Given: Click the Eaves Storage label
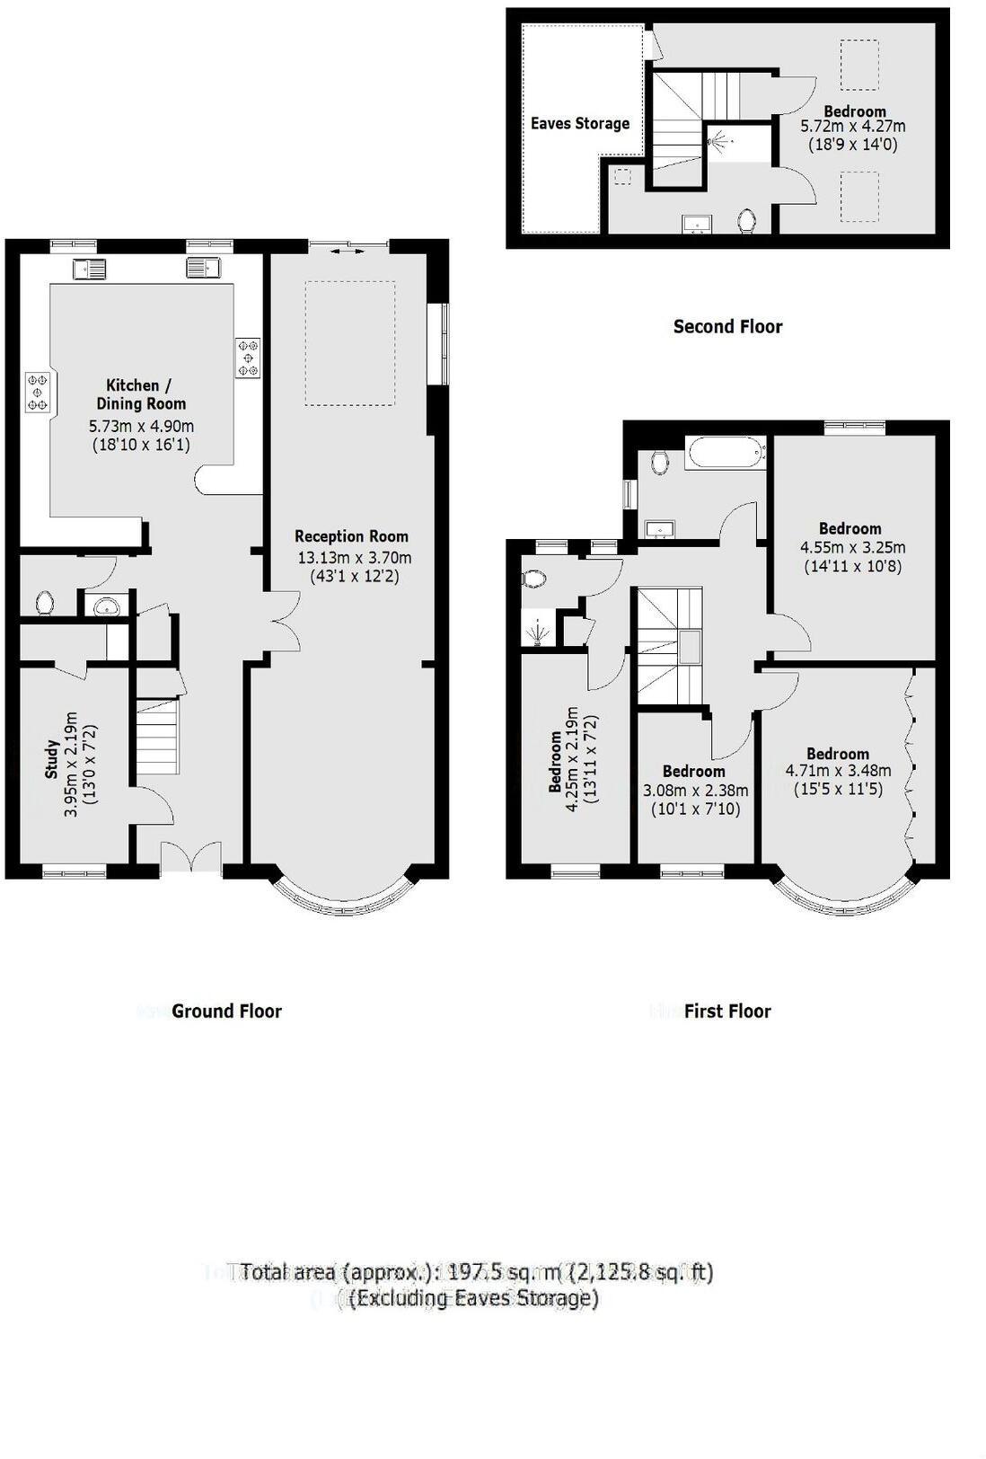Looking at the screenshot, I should [x=579, y=124].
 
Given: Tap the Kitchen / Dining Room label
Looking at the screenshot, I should [x=141, y=394].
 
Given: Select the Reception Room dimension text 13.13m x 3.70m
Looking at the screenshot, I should [x=354, y=558].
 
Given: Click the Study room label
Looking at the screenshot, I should [x=51, y=759].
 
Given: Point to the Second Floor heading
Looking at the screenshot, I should [x=727, y=327].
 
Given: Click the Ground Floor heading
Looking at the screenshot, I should [x=226, y=1012].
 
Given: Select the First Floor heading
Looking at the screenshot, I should [x=726, y=1012].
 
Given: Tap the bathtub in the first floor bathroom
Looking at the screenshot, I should [x=725, y=452].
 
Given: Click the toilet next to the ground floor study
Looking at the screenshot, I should [x=45, y=601].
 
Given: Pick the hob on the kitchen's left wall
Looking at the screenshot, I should [x=38, y=393].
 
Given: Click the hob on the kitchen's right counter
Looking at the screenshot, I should [x=248, y=358].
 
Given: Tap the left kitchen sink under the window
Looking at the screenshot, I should [x=91, y=268].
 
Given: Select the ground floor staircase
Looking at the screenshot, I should [x=157, y=735].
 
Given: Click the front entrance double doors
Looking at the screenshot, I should [x=190, y=857].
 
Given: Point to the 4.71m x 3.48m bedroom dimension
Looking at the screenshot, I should [x=838, y=771].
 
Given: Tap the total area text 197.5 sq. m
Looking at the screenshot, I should [x=476, y=1272].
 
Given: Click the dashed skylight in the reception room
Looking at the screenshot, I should [x=349, y=343].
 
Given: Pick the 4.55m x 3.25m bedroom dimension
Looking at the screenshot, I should [x=852, y=547].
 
